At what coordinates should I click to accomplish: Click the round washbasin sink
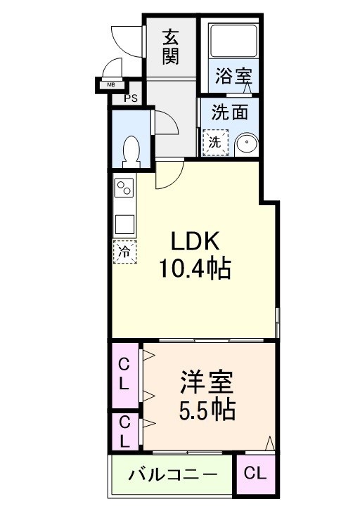click(x=245, y=143)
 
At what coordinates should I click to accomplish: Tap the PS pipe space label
click(x=131, y=98)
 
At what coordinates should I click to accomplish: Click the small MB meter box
click(x=110, y=86)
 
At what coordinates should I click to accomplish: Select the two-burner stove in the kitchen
click(x=124, y=188)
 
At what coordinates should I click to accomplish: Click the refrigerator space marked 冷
click(x=124, y=252)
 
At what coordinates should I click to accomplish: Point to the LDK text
click(x=198, y=241)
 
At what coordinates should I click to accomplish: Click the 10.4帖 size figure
click(x=197, y=268)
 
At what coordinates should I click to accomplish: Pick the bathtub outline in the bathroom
click(x=235, y=40)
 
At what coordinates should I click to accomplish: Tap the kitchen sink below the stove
click(x=124, y=223)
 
